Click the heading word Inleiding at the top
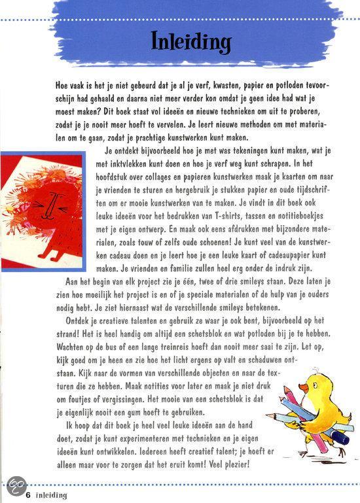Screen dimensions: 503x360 [x=190, y=41]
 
